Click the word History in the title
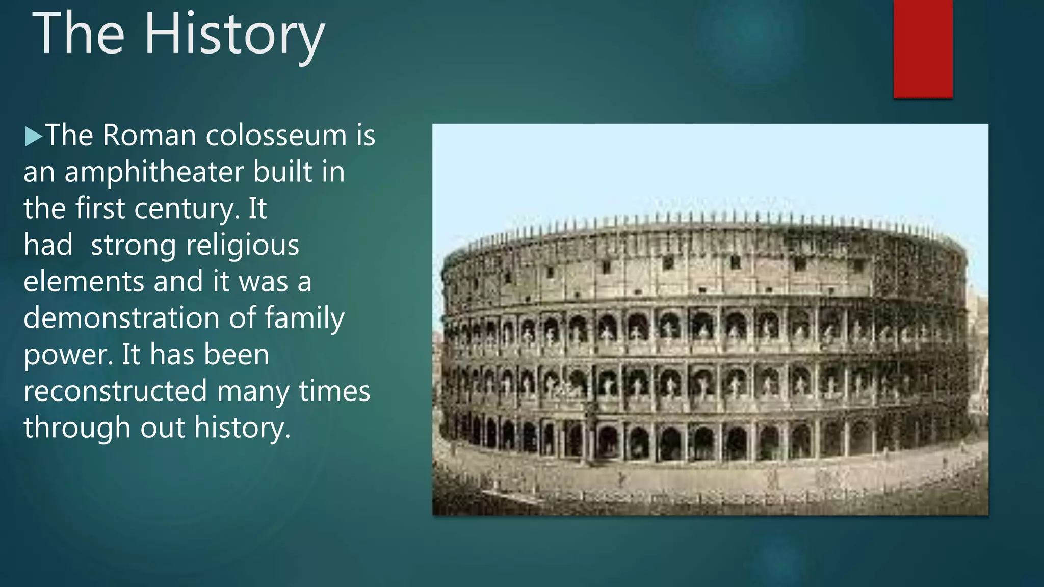click(x=234, y=35)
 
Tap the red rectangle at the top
click(x=923, y=48)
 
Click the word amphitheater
click(x=155, y=172)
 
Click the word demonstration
click(x=121, y=318)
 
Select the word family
click(x=304, y=319)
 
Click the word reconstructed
click(x=115, y=391)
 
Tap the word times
click(x=334, y=391)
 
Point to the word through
click(x=77, y=428)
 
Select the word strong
click(x=133, y=246)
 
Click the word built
click(x=283, y=172)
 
